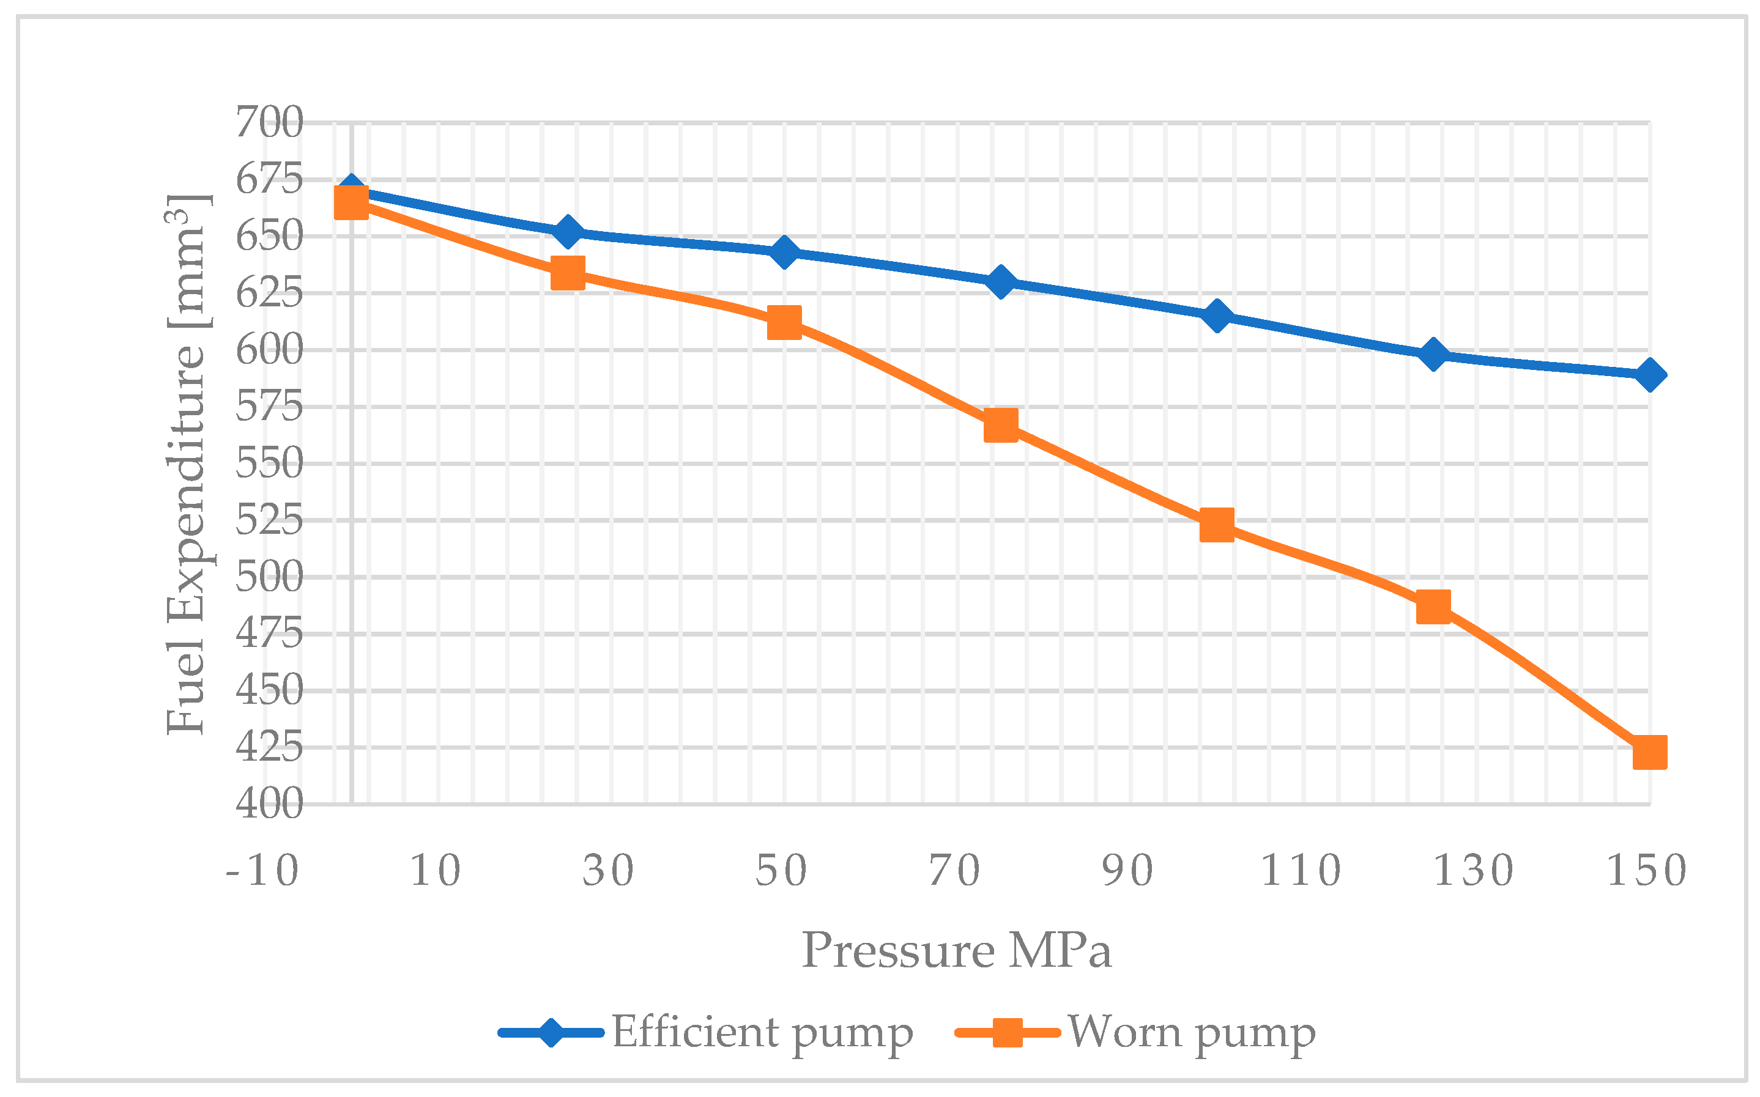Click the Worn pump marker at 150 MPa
click(1649, 752)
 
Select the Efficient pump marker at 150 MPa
click(1649, 375)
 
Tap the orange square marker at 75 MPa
click(1000, 425)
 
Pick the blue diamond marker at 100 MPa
click(1216, 316)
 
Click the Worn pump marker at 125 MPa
click(1433, 606)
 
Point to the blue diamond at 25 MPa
click(568, 231)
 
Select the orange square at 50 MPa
click(784, 322)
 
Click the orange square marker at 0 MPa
click(351, 202)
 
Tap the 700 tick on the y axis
click(269, 123)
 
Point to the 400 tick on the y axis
click(269, 804)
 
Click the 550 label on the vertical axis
click(269, 464)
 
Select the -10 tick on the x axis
click(262, 871)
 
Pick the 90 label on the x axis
click(1128, 871)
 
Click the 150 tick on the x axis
click(1647, 871)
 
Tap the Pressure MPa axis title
click(957, 950)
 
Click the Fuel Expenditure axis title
click(187, 464)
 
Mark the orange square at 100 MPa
click(1216, 525)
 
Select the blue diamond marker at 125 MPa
click(1433, 355)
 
